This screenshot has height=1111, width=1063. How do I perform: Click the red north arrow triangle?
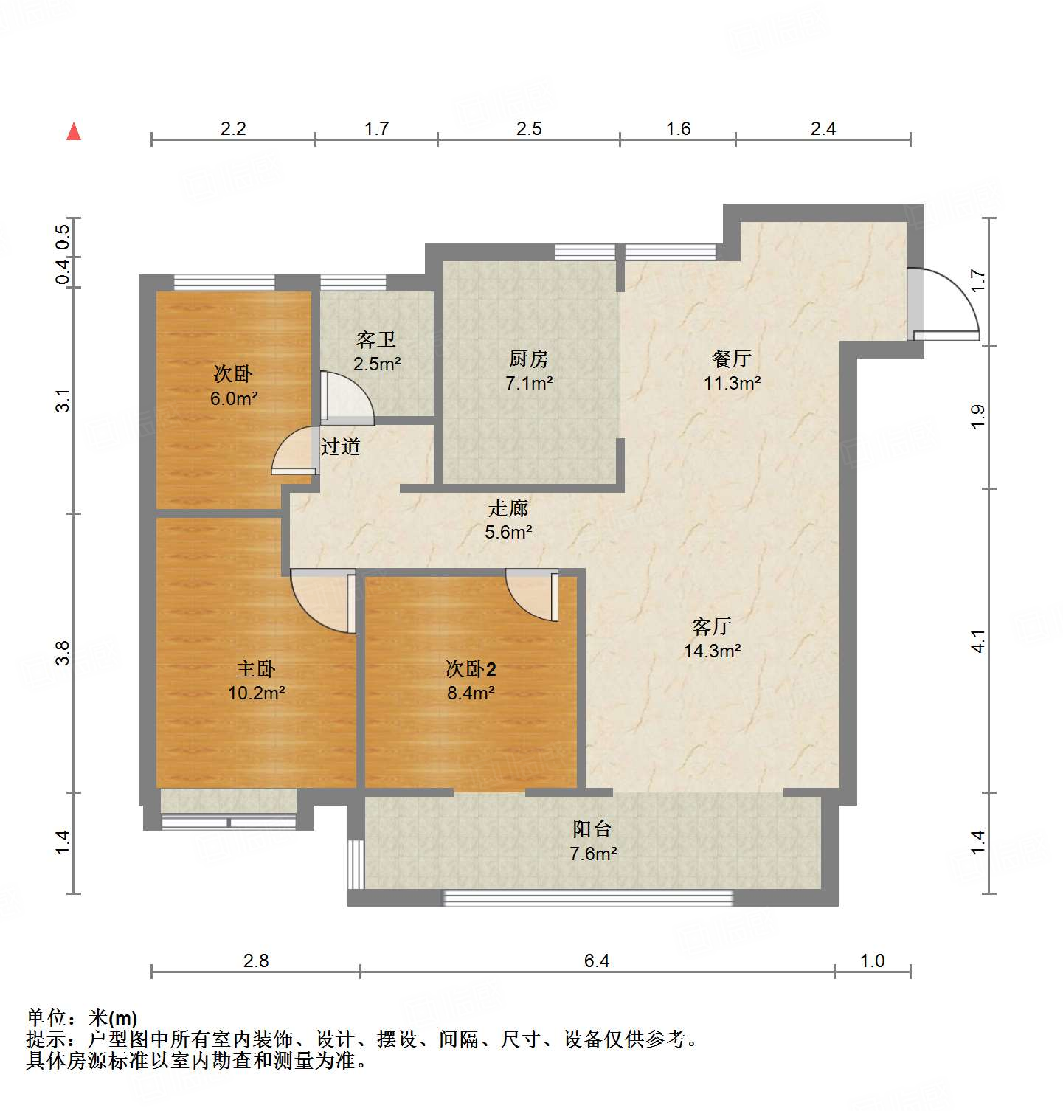tap(74, 132)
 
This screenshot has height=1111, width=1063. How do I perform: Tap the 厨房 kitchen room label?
tap(529, 359)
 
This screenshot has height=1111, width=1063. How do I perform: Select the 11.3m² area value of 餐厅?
tap(732, 383)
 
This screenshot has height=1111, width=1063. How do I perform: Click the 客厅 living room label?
tap(712, 626)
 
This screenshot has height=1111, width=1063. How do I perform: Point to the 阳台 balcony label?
tap(592, 829)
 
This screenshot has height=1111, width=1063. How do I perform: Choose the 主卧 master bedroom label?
tap(256, 669)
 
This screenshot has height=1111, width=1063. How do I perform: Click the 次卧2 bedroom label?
tap(471, 669)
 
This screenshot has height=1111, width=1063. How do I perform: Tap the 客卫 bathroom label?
tap(376, 340)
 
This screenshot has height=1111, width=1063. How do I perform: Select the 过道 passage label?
tap(341, 446)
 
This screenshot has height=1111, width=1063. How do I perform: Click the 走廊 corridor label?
tap(508, 508)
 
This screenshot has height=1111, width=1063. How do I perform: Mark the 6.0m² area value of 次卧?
tap(234, 398)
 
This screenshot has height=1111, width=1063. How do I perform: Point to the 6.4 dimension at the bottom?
tap(597, 961)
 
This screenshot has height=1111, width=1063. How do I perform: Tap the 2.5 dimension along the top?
tap(529, 129)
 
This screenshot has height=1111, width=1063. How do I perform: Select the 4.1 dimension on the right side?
tap(978, 640)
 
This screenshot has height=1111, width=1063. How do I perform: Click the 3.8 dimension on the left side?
tap(63, 653)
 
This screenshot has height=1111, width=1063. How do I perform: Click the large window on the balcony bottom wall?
tap(588, 898)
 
